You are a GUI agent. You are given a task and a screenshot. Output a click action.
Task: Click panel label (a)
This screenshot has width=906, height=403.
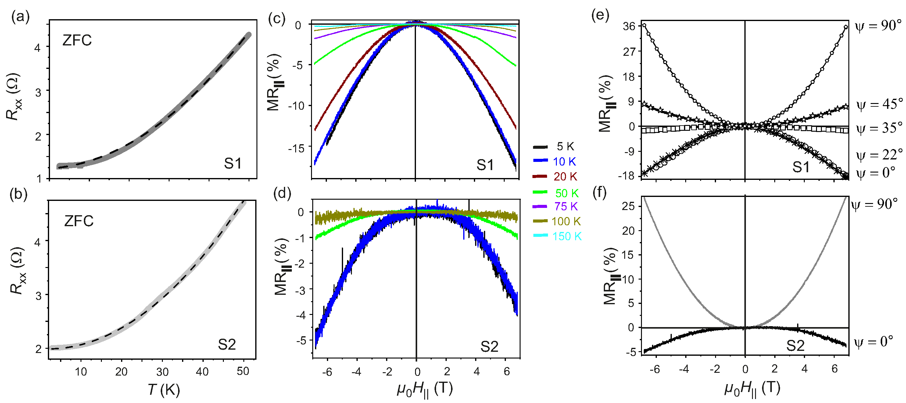[x=20, y=16]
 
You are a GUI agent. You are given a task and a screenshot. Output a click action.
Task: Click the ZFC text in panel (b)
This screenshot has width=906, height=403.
[x=79, y=221]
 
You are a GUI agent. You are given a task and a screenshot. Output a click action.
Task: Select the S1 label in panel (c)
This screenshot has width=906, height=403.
[x=485, y=165]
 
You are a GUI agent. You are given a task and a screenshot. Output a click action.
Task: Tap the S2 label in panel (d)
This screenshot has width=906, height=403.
[x=489, y=347]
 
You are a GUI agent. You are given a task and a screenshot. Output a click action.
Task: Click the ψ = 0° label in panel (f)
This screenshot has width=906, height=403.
[x=873, y=341]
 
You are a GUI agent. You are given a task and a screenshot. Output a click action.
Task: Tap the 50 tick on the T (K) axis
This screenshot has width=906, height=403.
[x=243, y=371]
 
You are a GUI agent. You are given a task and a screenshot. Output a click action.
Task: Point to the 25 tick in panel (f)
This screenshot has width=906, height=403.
[x=628, y=206]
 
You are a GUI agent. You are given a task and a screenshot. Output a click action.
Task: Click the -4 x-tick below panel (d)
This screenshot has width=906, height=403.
[x=356, y=372]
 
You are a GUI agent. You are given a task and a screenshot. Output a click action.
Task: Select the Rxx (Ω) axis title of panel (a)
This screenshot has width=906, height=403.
[x=15, y=97]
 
